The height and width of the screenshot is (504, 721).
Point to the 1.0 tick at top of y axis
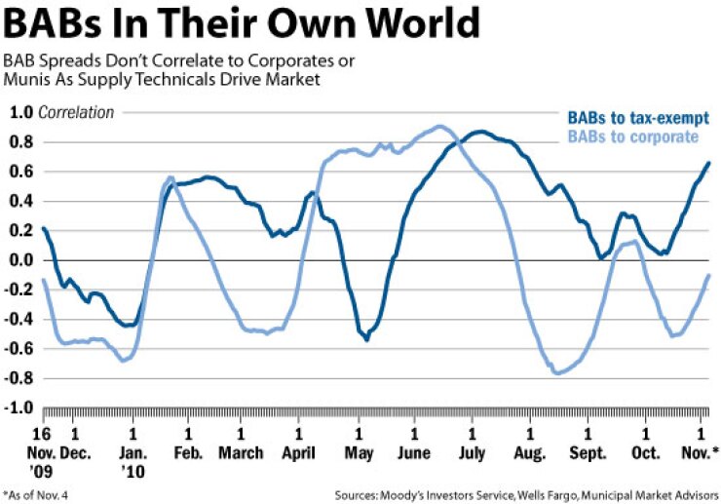pos(20,112)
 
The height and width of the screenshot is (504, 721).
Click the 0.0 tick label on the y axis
pos(20,260)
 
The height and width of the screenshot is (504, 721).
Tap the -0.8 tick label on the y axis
pos(18,378)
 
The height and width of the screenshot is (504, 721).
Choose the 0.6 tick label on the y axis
pos(20,172)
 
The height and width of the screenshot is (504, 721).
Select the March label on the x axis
pos(241,453)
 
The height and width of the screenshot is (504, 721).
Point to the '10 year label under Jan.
pos(135,470)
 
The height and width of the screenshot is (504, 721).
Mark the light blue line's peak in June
pos(440,126)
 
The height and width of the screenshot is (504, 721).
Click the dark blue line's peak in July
pos(478,132)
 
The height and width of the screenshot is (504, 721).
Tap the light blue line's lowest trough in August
pos(557,373)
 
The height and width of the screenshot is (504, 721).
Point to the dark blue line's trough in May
pos(366,339)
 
